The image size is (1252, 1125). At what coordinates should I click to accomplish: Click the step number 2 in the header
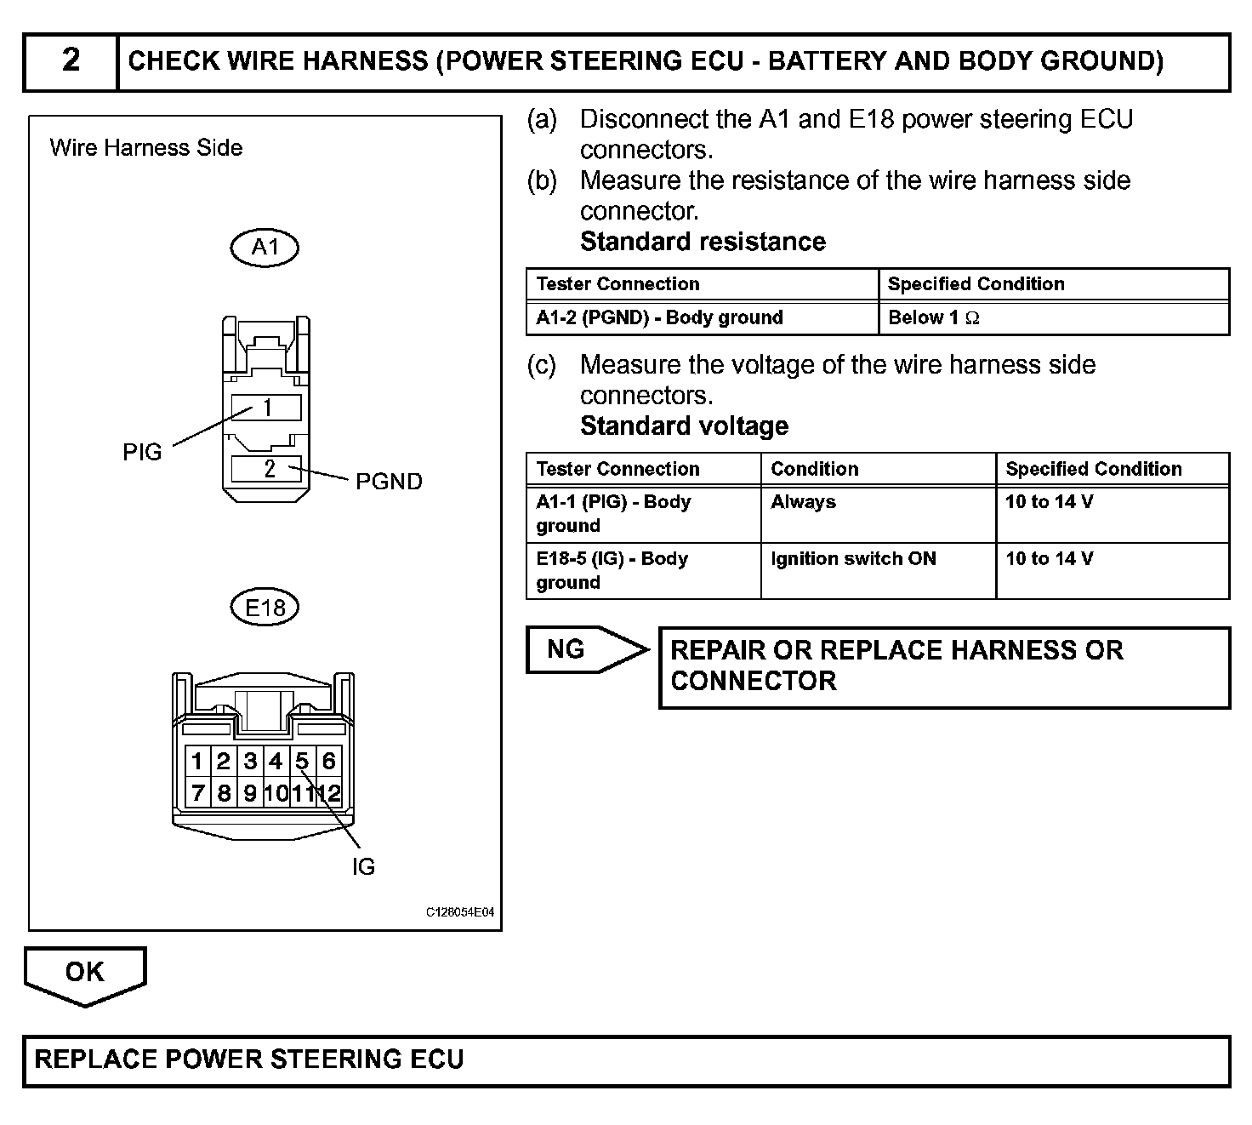pyautogui.click(x=71, y=60)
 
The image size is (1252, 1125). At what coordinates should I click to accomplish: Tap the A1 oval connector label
pyautogui.click(x=265, y=248)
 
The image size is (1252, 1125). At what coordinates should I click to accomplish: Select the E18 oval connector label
pyautogui.click(x=265, y=608)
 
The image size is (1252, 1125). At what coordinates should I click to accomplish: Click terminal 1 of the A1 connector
pyautogui.click(x=267, y=408)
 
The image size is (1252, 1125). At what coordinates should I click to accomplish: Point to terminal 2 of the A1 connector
pyautogui.click(x=269, y=469)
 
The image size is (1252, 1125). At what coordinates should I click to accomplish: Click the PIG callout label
pyautogui.click(x=142, y=452)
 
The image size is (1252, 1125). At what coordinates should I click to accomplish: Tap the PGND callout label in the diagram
pyautogui.click(x=389, y=482)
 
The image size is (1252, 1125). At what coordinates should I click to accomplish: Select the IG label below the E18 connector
pyautogui.click(x=363, y=867)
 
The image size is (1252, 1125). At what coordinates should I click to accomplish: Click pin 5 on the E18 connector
pyautogui.click(x=302, y=761)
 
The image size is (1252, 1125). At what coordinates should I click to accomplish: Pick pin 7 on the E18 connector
pyautogui.click(x=198, y=794)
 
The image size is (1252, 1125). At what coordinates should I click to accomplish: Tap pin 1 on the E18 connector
pyautogui.click(x=197, y=761)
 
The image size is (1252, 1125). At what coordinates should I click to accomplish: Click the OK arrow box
pyautogui.click(x=84, y=973)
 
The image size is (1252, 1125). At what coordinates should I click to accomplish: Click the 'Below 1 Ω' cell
pyautogui.click(x=933, y=318)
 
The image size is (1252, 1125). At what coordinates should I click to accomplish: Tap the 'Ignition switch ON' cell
pyautogui.click(x=853, y=559)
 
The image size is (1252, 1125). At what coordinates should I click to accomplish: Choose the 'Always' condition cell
pyautogui.click(x=803, y=502)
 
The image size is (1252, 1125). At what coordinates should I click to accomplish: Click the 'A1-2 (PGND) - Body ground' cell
pyautogui.click(x=659, y=318)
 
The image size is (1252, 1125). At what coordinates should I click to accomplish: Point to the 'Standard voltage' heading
pyautogui.click(x=684, y=425)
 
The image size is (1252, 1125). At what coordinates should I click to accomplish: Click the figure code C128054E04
pyautogui.click(x=459, y=912)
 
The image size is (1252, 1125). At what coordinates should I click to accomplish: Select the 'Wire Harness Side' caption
pyautogui.click(x=146, y=148)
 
